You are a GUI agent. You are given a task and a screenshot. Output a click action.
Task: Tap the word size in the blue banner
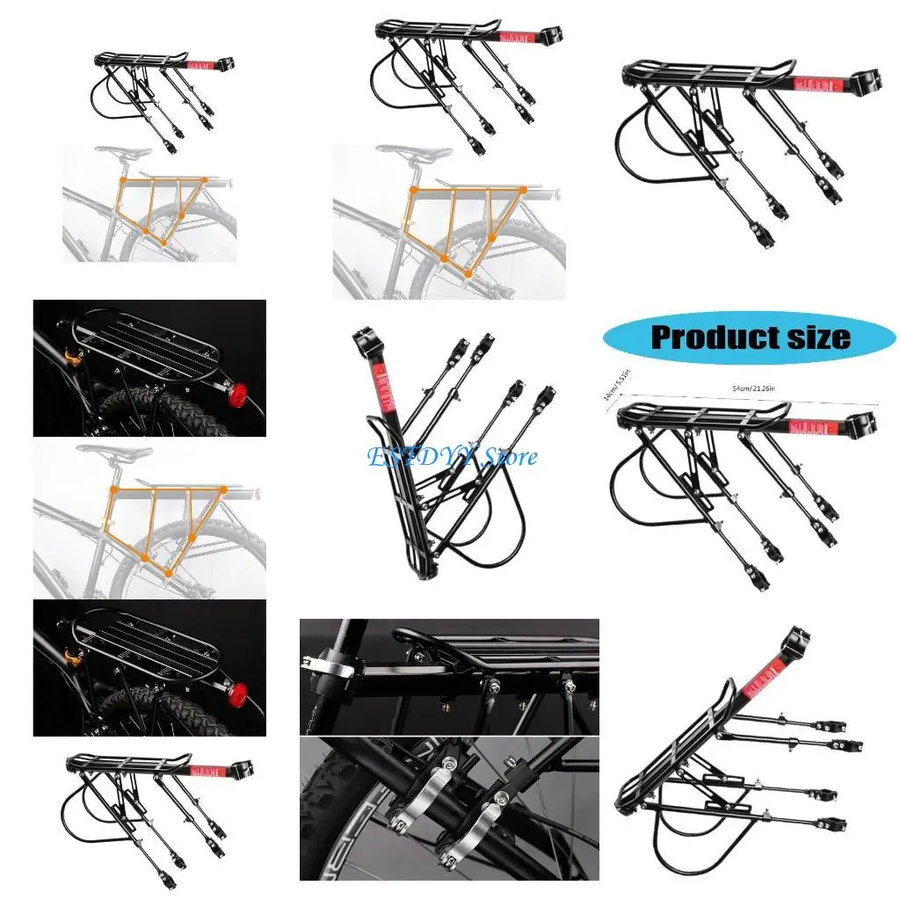pyautogui.click(x=817, y=337)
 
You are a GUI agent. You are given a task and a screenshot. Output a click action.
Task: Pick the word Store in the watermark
pyautogui.click(x=511, y=456)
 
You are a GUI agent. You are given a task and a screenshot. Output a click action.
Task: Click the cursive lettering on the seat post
pyautogui.click(x=313, y=703)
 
